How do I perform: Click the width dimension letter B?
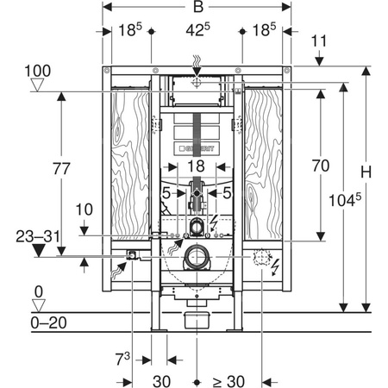click(198, 7)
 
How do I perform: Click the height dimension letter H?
click(366, 172)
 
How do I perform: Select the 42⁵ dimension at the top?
click(197, 29)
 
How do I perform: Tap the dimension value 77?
click(61, 169)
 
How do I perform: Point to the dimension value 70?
click(321, 166)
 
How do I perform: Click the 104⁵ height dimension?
click(345, 199)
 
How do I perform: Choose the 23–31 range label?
click(38, 237)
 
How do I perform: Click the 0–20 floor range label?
click(49, 322)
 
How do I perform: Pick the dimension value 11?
click(319, 41)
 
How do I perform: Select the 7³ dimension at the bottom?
click(122, 359)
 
